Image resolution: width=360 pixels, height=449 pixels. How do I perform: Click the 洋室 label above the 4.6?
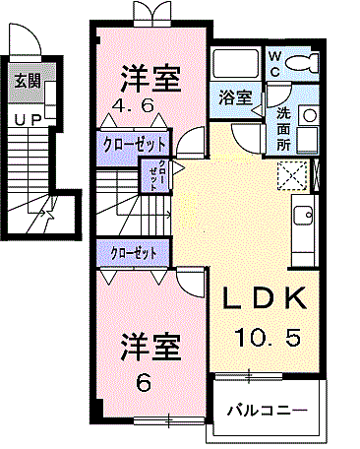tap(150, 76)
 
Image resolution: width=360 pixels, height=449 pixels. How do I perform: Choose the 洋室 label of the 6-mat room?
tap(150, 348)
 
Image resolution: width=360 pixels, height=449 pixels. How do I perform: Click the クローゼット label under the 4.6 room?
tap(135, 143)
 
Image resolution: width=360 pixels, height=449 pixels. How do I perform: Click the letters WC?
tap(274, 63)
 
